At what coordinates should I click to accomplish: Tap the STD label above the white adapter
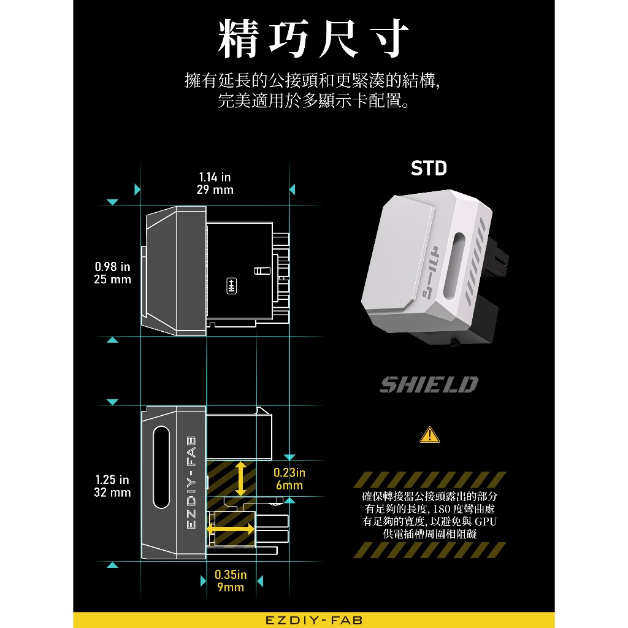click(429, 169)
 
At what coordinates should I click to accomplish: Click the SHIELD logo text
click(429, 385)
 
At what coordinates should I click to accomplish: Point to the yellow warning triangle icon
click(429, 435)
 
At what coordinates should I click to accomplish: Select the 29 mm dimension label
click(215, 190)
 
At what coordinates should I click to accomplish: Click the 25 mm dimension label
click(113, 280)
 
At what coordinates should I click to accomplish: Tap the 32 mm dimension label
click(113, 492)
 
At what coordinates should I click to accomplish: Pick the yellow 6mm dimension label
click(289, 486)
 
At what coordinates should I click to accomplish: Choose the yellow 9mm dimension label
click(230, 588)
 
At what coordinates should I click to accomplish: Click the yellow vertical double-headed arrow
click(241, 478)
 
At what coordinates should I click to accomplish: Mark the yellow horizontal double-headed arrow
click(231, 528)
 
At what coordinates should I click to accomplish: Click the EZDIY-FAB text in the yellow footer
click(314, 620)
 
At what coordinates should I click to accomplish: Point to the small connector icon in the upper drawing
click(232, 286)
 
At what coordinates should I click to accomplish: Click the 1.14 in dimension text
click(215, 177)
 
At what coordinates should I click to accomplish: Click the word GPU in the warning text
click(485, 521)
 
